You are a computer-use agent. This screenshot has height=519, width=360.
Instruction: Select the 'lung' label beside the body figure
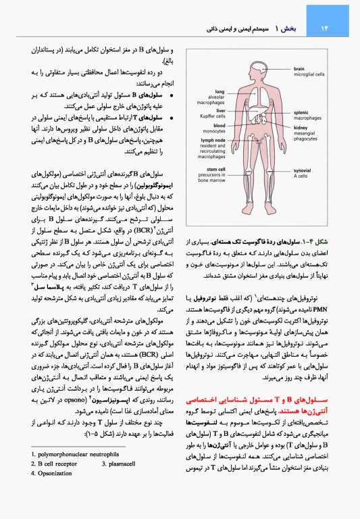(x=220, y=91)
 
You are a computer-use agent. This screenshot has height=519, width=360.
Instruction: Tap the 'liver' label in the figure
(x=220, y=109)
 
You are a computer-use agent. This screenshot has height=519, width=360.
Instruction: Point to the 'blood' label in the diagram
(x=220, y=125)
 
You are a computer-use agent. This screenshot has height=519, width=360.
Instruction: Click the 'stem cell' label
(x=216, y=169)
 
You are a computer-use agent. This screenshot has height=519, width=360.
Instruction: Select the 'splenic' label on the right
(x=301, y=112)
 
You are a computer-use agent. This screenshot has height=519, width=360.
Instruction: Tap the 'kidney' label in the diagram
(x=301, y=128)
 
